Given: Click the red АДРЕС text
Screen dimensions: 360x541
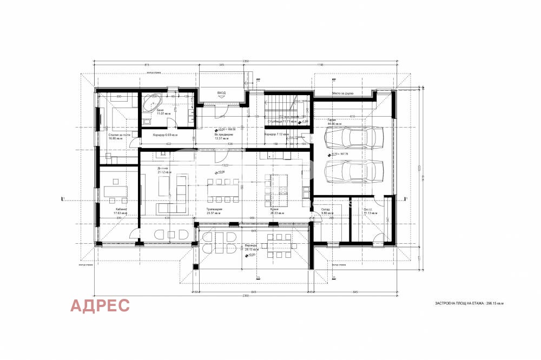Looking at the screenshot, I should pyautogui.click(x=100, y=305).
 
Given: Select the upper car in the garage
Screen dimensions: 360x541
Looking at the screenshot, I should pyautogui.click(x=352, y=137).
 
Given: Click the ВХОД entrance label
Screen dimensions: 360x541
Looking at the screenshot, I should pyautogui.click(x=222, y=94).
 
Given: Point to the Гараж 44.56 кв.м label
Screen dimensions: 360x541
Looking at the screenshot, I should pyautogui.click(x=335, y=122).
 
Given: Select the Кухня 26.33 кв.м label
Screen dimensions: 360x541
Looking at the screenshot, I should pyautogui.click(x=275, y=211).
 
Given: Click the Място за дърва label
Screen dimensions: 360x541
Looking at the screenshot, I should pyautogui.click(x=342, y=94).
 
